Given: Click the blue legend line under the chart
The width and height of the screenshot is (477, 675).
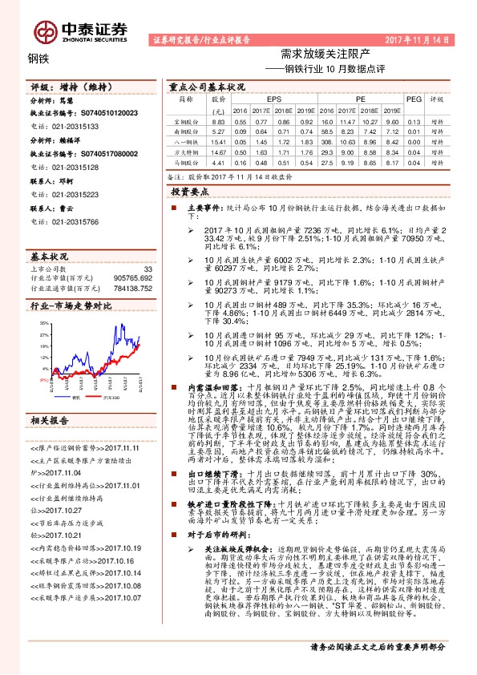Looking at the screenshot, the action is point(67,397).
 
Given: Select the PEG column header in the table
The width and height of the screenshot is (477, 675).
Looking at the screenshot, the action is point(414,99).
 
